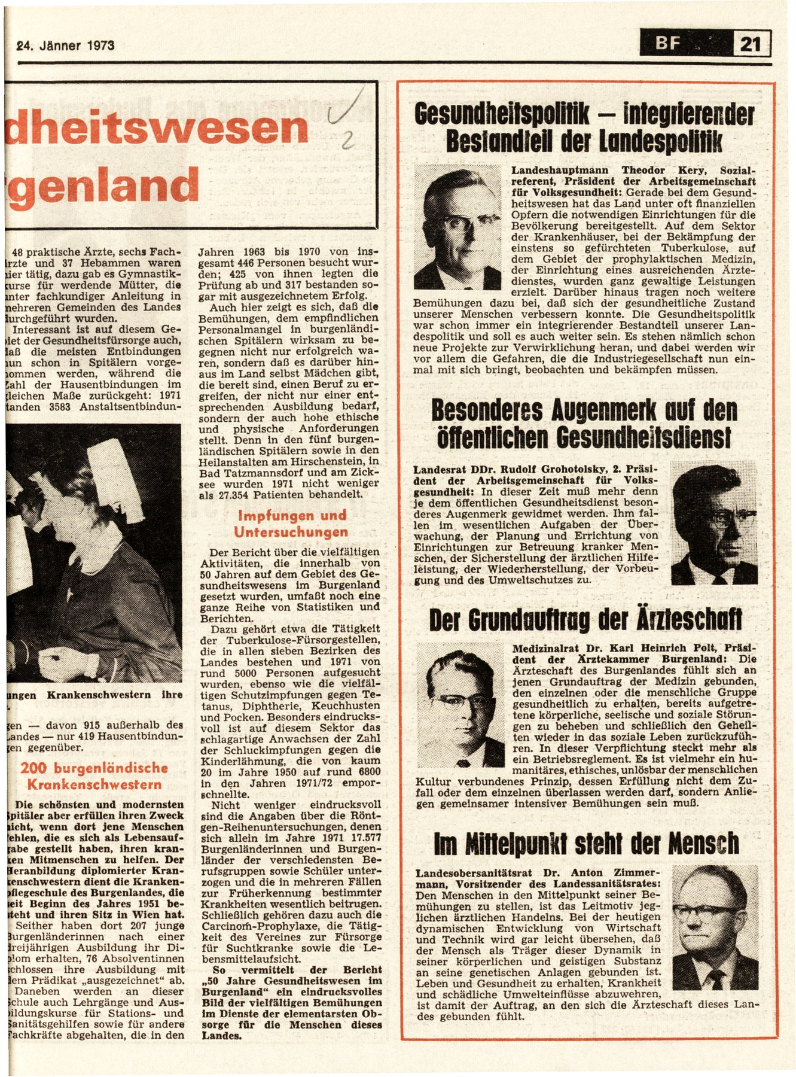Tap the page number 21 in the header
click(x=751, y=44)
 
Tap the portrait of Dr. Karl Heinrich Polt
click(x=460, y=706)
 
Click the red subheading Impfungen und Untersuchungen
click(x=291, y=524)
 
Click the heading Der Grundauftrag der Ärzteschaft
click(x=585, y=620)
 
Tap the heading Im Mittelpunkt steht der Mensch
click(x=587, y=844)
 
